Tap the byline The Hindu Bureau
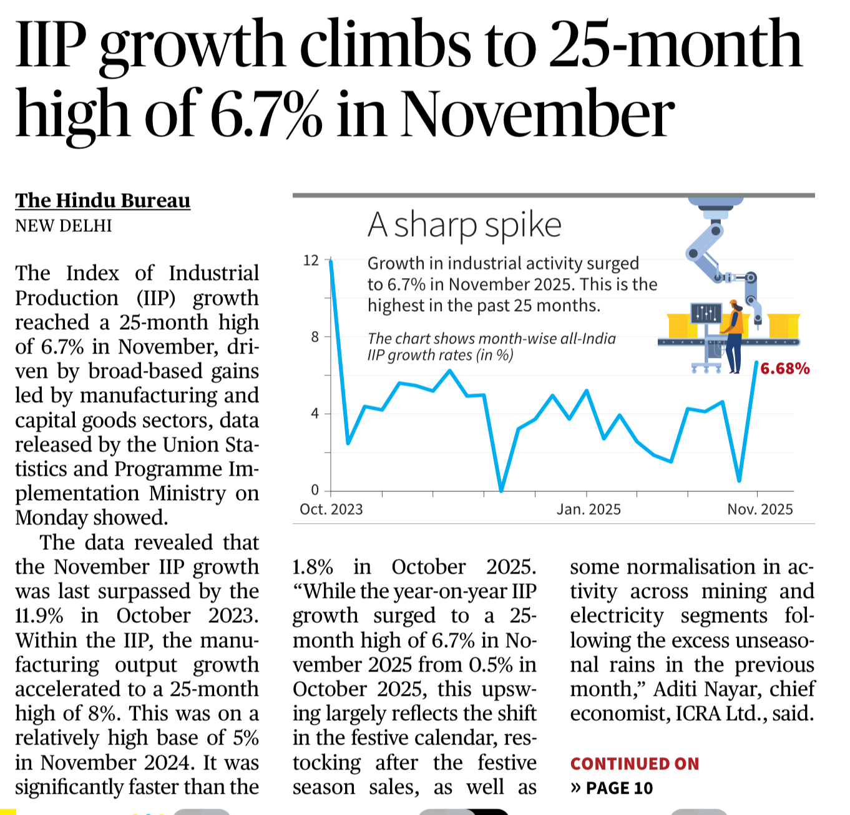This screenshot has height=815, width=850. click(103, 200)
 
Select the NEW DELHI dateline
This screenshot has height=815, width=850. click(64, 226)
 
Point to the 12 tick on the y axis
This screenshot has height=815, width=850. click(311, 261)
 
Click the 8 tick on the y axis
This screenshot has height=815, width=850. click(315, 337)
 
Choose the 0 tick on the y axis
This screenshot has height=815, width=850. click(315, 490)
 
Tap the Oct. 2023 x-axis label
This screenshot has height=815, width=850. click(331, 509)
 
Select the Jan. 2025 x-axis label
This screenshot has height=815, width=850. click(589, 509)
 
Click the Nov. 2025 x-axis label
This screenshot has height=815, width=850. click(760, 509)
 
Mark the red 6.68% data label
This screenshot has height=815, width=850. click(784, 369)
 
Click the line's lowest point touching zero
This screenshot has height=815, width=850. click(501, 490)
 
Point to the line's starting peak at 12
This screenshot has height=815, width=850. click(331, 261)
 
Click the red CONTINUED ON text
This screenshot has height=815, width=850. click(634, 764)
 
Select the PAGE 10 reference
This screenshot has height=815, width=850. click(619, 788)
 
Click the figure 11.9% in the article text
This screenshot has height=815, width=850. click(39, 616)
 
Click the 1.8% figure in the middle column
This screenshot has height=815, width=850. click(313, 567)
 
